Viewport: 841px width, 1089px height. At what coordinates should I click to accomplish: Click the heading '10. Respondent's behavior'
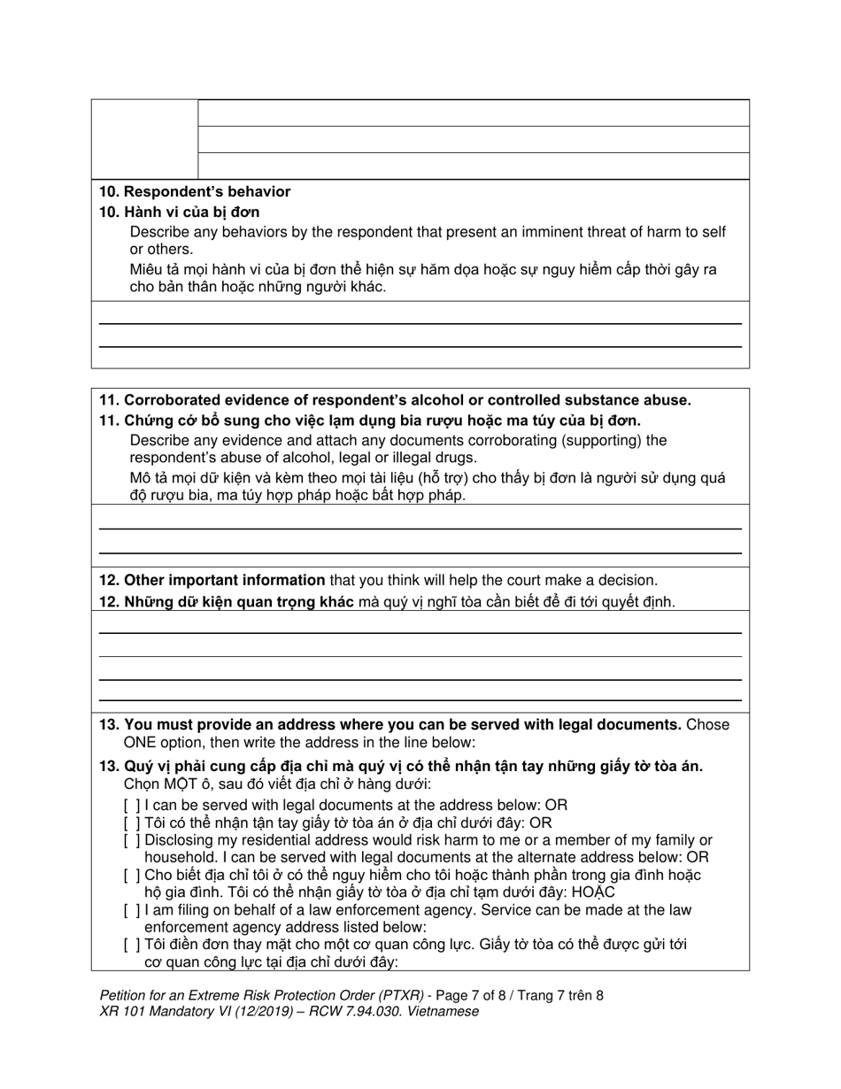click(195, 191)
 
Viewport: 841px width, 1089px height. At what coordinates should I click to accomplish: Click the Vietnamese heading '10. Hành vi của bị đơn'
click(180, 212)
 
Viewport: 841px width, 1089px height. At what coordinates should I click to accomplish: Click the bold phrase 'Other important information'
click(224, 581)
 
